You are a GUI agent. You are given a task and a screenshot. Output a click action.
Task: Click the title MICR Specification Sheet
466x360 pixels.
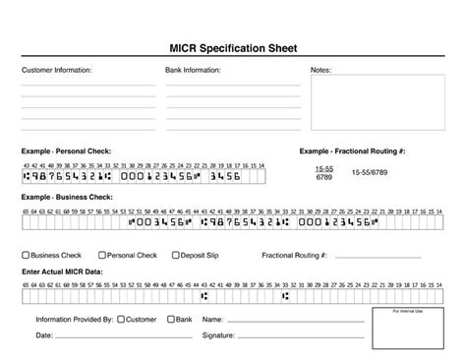pyautogui.click(x=233, y=48)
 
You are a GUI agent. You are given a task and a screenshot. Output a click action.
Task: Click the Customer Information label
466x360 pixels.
pyautogui.click(x=57, y=71)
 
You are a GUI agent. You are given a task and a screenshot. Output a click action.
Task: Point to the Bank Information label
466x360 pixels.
pyautogui.click(x=193, y=71)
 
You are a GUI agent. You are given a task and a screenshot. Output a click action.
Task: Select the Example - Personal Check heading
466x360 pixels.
pyautogui.click(x=67, y=150)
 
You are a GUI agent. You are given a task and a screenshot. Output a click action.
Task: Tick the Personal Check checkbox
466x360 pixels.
pyautogui.click(x=102, y=255)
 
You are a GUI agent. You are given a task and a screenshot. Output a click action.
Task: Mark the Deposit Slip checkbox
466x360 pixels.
pyautogui.click(x=175, y=255)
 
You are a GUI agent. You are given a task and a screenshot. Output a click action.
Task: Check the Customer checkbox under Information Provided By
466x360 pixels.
pyautogui.click(x=121, y=319)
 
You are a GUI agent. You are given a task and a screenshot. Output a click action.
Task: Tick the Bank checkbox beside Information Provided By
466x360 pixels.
pyautogui.click(x=171, y=319)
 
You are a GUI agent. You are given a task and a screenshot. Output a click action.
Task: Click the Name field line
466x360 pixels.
pyautogui.click(x=295, y=321)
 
